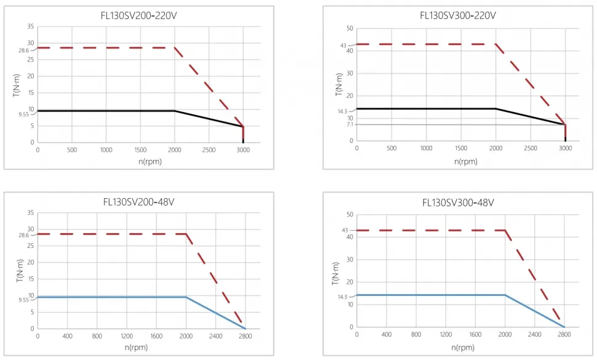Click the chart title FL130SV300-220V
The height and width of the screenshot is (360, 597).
458,15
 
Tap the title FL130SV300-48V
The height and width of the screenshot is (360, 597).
458,202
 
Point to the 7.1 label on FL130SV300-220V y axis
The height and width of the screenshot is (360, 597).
350,124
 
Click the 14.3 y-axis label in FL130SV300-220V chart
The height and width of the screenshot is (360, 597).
343,111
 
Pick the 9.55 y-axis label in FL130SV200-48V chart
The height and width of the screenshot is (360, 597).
23,300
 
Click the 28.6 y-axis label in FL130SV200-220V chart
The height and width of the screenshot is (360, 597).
23,50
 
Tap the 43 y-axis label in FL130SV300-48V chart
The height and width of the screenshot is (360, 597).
345,230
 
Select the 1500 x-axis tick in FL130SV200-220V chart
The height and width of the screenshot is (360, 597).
140,150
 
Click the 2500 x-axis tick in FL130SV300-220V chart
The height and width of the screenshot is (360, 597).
531,148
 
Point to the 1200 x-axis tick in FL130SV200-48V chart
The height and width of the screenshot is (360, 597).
127,336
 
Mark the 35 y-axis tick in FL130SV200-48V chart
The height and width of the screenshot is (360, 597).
30,213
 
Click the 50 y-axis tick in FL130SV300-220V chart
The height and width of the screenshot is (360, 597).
350,28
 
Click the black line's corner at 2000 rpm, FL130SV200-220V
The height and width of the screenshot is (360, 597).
175,111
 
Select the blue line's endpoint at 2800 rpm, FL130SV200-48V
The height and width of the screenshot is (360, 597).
245,328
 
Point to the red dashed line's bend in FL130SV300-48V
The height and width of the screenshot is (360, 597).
505,230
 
